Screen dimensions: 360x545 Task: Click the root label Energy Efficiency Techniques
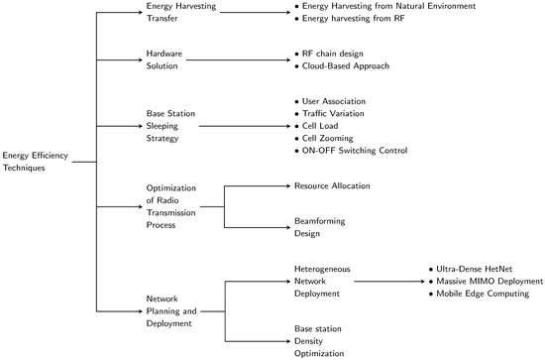coord(38,161)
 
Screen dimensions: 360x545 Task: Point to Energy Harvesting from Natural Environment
coord(376,6)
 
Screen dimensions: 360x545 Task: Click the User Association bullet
coord(337,102)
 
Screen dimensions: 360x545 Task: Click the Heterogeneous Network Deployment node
coord(322,281)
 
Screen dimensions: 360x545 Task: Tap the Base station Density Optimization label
coord(319,339)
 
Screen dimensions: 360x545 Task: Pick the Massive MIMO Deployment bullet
coord(484,281)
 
